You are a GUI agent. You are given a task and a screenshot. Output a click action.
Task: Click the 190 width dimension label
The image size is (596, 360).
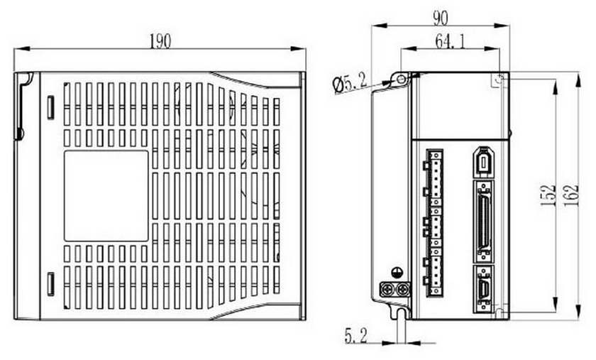[x=160, y=41]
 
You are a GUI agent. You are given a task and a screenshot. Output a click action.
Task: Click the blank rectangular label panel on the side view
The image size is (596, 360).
[x=106, y=195]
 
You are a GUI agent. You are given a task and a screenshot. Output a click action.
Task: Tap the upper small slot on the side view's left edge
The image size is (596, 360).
[x=50, y=107]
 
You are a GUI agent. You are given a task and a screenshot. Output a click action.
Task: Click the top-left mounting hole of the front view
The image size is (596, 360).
[x=402, y=79]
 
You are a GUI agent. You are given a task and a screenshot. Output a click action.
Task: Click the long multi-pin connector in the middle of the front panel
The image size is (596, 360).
[x=484, y=219]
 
